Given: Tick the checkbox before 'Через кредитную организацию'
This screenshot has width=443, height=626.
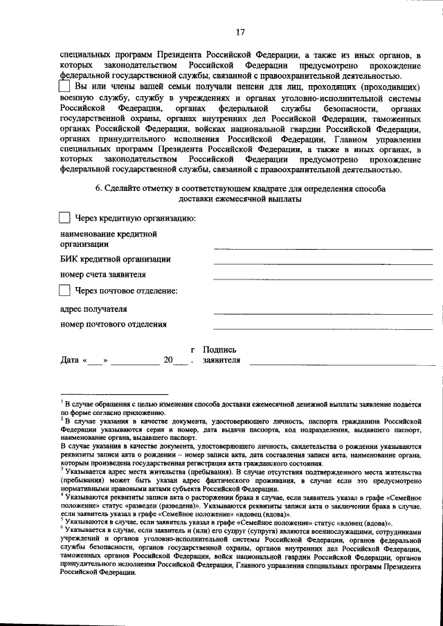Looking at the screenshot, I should pyautogui.click(x=64, y=219).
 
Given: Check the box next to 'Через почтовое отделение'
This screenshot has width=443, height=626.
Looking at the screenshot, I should pyautogui.click(x=64, y=291).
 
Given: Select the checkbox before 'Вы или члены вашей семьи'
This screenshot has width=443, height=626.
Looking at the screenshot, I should pyautogui.click(x=64, y=88).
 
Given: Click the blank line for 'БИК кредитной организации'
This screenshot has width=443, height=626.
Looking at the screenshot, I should pyautogui.click(x=323, y=263).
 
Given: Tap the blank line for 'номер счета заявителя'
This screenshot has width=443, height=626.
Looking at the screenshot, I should pyautogui.click(x=323, y=278).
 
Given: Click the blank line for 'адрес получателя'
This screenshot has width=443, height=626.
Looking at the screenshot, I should pyautogui.click(x=323, y=313).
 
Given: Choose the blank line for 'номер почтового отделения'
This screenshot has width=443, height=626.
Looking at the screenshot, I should pyautogui.click(x=323, y=328).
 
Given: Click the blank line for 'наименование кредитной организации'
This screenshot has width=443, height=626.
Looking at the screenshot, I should pyautogui.click(x=323, y=248).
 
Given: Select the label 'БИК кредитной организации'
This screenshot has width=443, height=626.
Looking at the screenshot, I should pyautogui.click(x=115, y=259).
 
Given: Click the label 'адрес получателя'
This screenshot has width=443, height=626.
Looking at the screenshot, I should pyautogui.click(x=93, y=309).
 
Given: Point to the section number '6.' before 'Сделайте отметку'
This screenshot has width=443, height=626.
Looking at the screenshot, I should pyautogui.click(x=99, y=188).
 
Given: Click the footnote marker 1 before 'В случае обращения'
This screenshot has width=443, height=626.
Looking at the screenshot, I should pyautogui.click(x=62, y=401).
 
